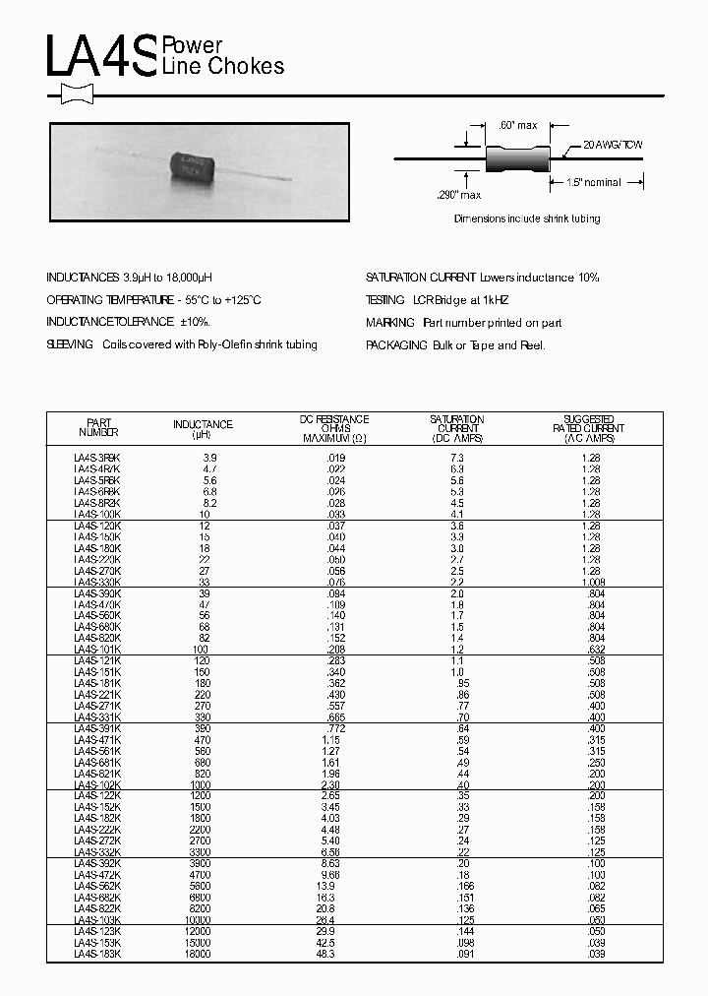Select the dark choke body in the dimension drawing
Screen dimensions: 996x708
tap(517, 157)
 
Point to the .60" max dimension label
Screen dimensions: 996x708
tap(518, 125)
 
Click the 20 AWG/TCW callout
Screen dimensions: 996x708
tap(613, 145)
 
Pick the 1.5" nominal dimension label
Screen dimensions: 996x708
tap(594, 183)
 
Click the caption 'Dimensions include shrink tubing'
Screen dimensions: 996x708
tap(526, 218)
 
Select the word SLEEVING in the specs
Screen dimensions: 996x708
tap(70, 345)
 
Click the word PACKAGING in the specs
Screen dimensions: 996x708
tap(396, 345)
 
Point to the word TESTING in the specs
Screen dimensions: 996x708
tap(384, 300)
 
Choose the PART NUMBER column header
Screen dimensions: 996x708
tap(98, 425)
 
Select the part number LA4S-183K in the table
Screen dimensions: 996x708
tap(97, 954)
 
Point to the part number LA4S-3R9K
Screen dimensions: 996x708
tap(97, 459)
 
